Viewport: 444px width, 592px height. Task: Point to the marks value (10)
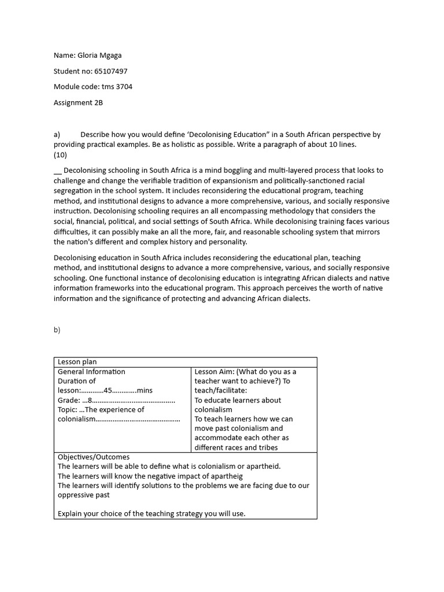point(60,155)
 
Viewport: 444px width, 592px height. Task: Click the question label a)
point(57,134)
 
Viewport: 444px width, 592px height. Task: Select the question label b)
point(57,330)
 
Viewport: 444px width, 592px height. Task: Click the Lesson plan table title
point(77,362)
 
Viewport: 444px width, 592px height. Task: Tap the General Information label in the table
point(91,372)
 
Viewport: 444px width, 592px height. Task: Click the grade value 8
point(90,400)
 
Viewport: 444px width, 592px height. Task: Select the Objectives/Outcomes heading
point(94,457)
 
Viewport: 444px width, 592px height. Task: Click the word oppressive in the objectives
point(76,495)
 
